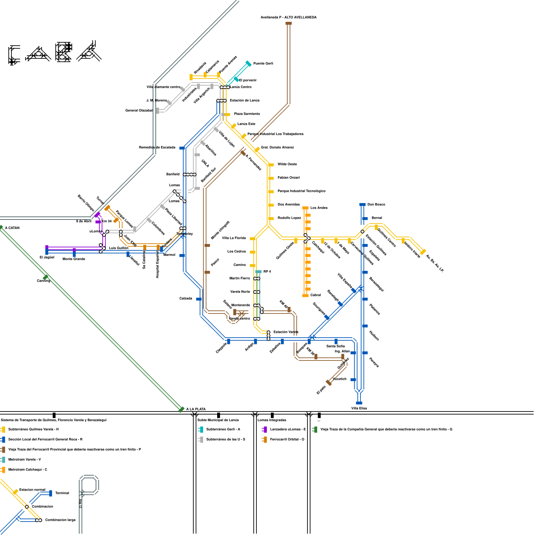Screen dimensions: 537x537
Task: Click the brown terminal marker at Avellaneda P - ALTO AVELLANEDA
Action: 288,23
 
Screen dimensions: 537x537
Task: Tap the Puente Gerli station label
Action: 263,63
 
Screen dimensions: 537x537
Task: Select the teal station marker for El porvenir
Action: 236,79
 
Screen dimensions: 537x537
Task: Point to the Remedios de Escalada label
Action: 157,147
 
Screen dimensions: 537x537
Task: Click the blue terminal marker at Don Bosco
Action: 362,204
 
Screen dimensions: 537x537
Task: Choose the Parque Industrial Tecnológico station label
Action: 301,191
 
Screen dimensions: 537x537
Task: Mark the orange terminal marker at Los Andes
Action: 305,208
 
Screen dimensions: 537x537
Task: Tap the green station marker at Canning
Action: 45,277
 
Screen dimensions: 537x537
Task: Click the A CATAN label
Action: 12,228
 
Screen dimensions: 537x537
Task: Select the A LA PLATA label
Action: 196,409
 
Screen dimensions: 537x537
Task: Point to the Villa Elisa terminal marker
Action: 359,403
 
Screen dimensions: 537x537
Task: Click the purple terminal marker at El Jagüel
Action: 47,248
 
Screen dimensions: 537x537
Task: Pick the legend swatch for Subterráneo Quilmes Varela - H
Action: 3,429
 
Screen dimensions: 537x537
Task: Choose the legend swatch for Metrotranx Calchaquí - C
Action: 3,470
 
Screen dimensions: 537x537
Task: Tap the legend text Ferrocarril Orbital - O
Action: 287,439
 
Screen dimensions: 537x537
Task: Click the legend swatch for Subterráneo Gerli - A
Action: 201,429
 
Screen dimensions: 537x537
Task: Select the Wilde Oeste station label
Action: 287,164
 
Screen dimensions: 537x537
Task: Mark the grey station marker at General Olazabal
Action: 157,110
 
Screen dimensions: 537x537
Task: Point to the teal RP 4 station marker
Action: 258,272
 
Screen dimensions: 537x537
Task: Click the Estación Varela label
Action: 286,332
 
